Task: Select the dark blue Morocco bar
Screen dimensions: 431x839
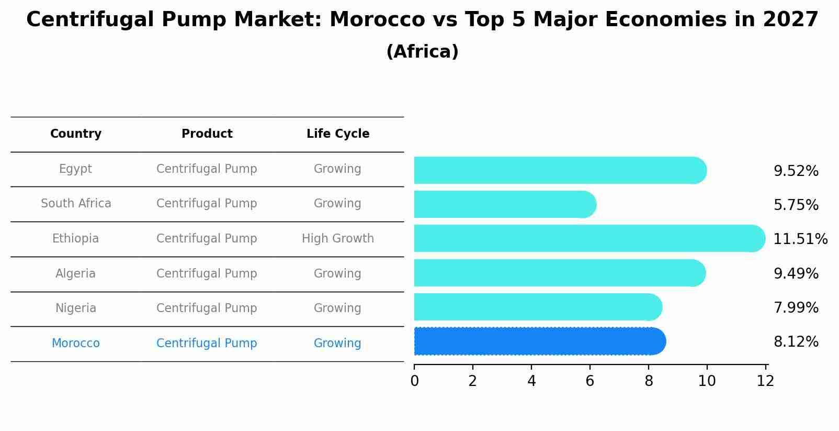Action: [539, 341]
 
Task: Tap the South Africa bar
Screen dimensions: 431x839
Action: [505, 204]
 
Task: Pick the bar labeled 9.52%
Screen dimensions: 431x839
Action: [560, 170]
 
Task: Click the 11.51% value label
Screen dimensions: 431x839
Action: [800, 239]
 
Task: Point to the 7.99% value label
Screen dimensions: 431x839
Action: [796, 308]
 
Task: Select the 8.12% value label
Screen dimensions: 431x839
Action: [796, 342]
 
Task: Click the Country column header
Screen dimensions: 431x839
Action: [76, 134]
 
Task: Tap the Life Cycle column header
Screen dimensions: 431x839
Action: [338, 134]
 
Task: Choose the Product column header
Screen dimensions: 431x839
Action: [207, 134]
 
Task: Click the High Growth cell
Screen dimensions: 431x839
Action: [338, 239]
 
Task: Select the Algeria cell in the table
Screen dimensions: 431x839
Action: [76, 273]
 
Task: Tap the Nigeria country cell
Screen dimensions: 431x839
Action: [76, 308]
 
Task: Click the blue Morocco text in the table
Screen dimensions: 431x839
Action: [76, 343]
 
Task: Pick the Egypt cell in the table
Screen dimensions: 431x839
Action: [76, 169]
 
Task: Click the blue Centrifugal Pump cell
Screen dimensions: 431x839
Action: [207, 343]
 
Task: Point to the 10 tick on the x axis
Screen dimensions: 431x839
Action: [707, 381]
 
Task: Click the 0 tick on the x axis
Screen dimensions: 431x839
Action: [414, 381]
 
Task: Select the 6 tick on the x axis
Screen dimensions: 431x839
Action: [589, 381]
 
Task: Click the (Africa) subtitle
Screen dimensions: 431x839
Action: [422, 52]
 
